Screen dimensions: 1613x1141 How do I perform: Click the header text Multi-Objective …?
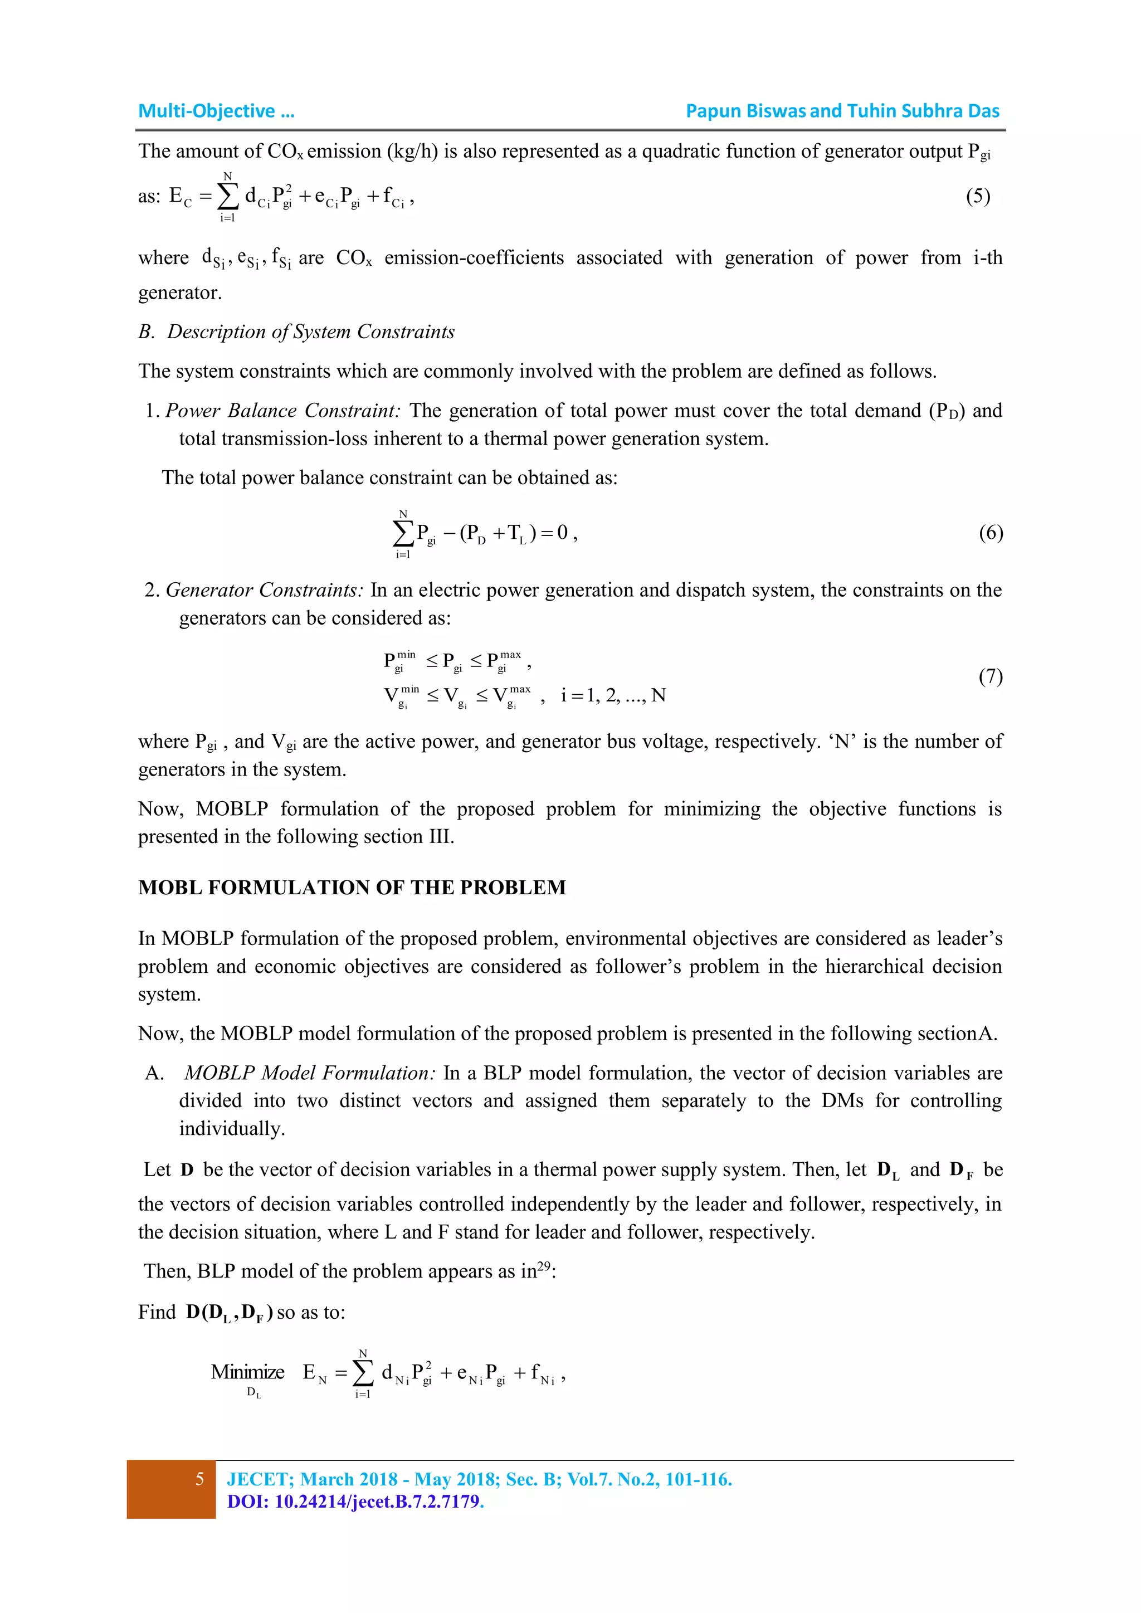(x=216, y=111)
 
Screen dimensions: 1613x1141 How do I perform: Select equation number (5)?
(x=977, y=196)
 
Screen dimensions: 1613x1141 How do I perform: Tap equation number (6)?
(x=991, y=533)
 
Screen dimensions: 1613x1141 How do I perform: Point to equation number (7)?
(x=991, y=676)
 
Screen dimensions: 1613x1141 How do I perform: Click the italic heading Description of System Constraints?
(x=310, y=332)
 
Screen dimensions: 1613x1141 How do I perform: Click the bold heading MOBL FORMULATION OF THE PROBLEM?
(x=352, y=888)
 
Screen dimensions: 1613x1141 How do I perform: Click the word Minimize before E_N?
(x=247, y=1372)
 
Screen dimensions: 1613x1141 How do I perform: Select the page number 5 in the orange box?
(x=199, y=1479)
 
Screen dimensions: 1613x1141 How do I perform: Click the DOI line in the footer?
(x=355, y=1502)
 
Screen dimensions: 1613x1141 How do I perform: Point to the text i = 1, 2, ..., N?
(x=613, y=695)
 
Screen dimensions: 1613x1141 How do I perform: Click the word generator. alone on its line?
(x=180, y=293)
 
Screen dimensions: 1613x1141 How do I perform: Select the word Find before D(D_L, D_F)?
(x=157, y=1312)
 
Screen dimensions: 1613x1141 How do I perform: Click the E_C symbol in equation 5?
(x=180, y=196)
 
